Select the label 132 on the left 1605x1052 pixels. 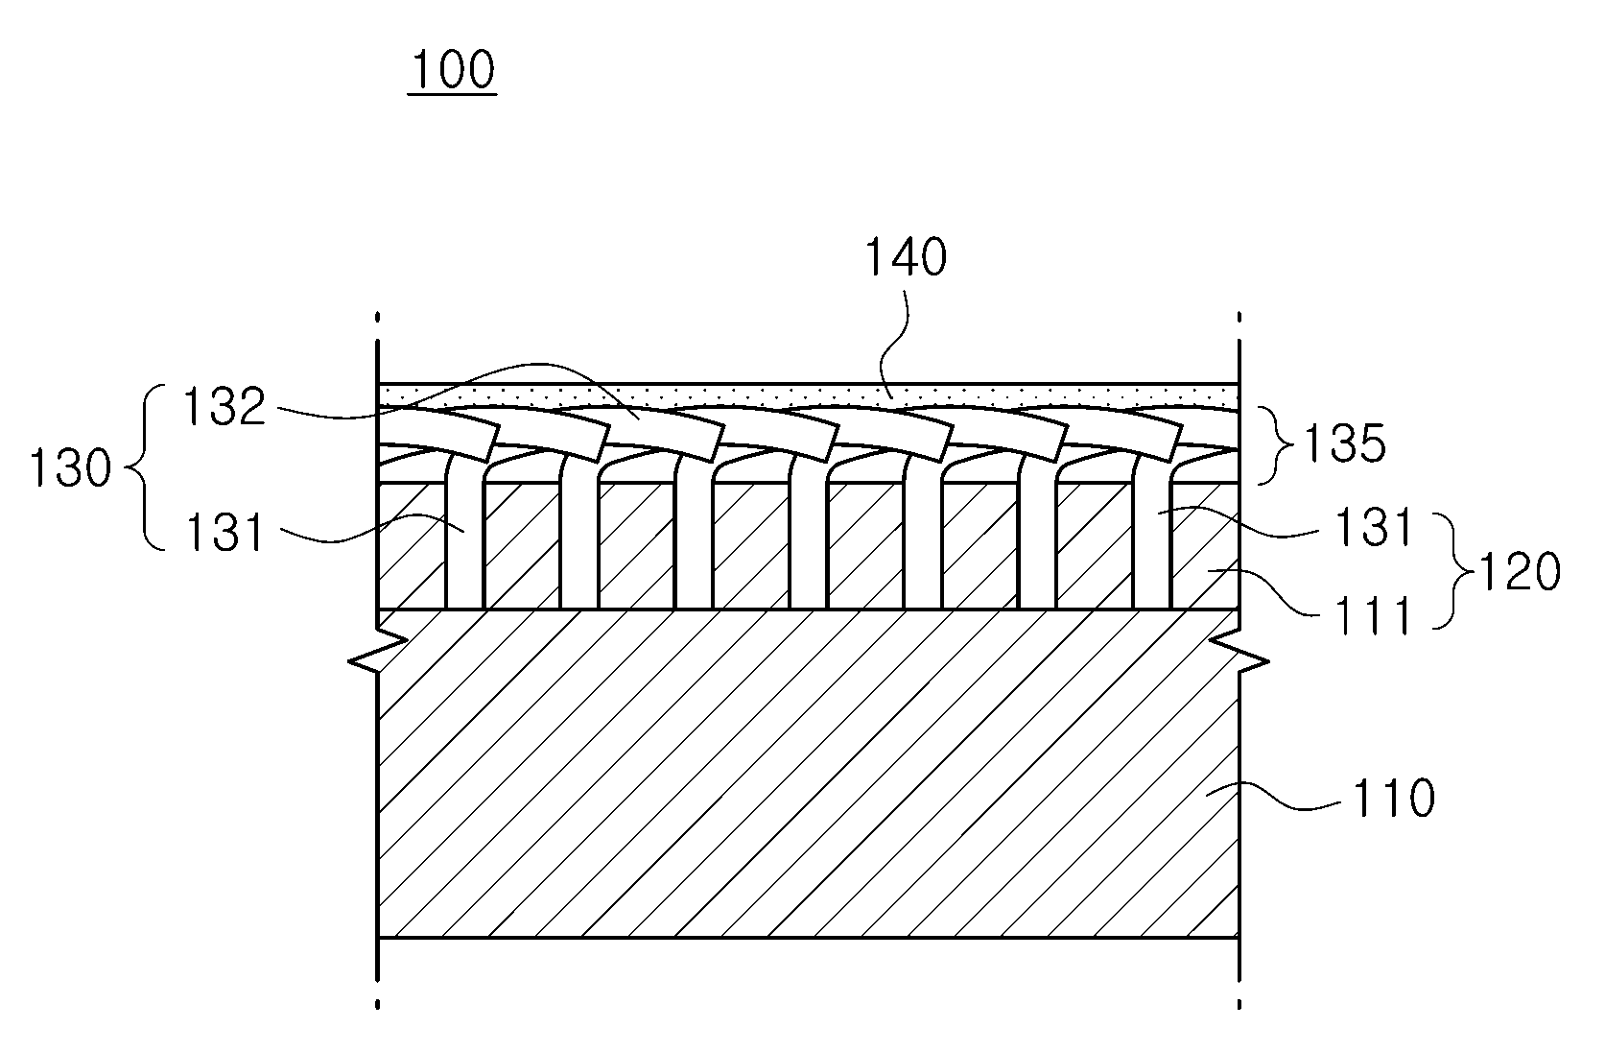224,407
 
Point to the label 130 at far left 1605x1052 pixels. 70,468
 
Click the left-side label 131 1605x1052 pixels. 224,533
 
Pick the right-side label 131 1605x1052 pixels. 1372,527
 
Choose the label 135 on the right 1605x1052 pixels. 1344,443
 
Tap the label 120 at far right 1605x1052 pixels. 1519,571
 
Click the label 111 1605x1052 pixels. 1372,615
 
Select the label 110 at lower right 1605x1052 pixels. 1394,799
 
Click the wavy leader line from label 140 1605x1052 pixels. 896,345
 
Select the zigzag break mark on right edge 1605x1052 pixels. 1239,652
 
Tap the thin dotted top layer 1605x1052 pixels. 808,395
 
